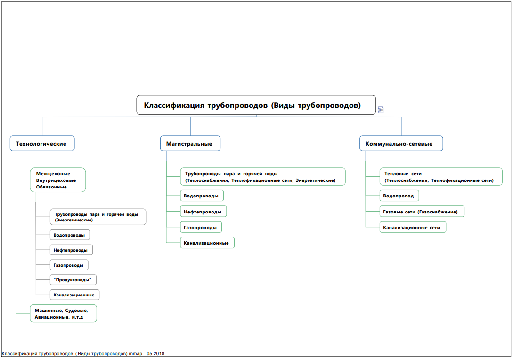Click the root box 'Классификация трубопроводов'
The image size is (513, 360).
[x=256, y=105]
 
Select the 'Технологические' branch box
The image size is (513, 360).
[x=42, y=143]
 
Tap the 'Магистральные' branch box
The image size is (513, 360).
[x=190, y=143]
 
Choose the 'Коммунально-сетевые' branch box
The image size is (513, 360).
[x=401, y=143]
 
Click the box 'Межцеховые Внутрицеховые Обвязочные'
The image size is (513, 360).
[x=57, y=180]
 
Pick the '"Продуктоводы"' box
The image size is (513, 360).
[x=73, y=280]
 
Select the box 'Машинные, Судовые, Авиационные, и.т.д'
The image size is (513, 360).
[x=63, y=313]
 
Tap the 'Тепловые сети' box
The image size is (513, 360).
[x=441, y=177]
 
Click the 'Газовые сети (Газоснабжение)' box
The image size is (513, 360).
[x=422, y=212]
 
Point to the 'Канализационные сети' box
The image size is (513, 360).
[x=413, y=227]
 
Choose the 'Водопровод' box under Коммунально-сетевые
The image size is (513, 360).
[x=399, y=196]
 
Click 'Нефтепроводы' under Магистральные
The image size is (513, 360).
[x=203, y=212]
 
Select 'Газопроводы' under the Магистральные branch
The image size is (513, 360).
[x=201, y=227]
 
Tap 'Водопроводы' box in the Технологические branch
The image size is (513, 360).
[x=70, y=235]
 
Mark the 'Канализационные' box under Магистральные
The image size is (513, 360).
[x=207, y=243]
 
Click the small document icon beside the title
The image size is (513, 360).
[x=381, y=110]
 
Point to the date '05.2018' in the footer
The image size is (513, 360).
[x=155, y=354]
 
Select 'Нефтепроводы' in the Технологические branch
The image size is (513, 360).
[x=71, y=250]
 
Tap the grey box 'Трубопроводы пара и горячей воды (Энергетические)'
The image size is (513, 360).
[x=98, y=217]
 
